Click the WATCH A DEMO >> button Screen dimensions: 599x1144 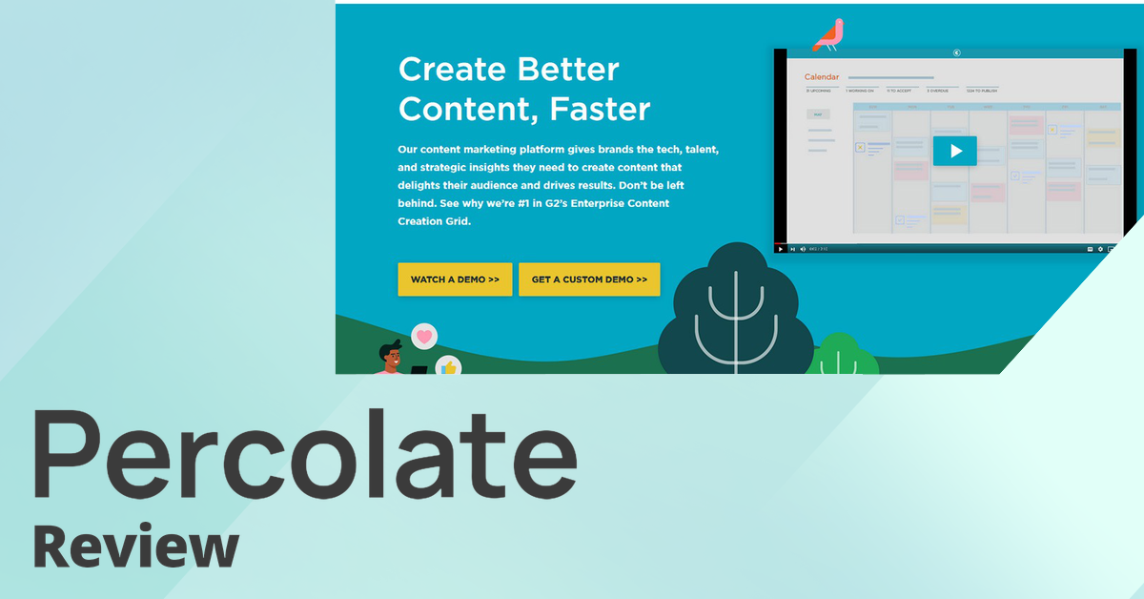pos(455,279)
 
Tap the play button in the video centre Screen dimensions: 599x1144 pos(954,151)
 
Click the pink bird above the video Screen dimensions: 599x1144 pos(827,34)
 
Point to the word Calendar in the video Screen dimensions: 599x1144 pos(821,76)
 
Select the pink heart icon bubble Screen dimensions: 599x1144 pos(424,336)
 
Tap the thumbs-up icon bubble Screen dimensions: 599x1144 pos(448,366)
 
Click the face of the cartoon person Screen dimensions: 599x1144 pos(391,358)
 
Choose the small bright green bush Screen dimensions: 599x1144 pos(839,356)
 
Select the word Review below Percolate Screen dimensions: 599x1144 pos(135,548)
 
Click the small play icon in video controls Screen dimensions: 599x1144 pos(781,249)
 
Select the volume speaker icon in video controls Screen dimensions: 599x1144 pos(802,249)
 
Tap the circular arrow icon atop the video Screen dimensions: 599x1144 pos(956,52)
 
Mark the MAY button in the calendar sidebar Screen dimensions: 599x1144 pos(817,113)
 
